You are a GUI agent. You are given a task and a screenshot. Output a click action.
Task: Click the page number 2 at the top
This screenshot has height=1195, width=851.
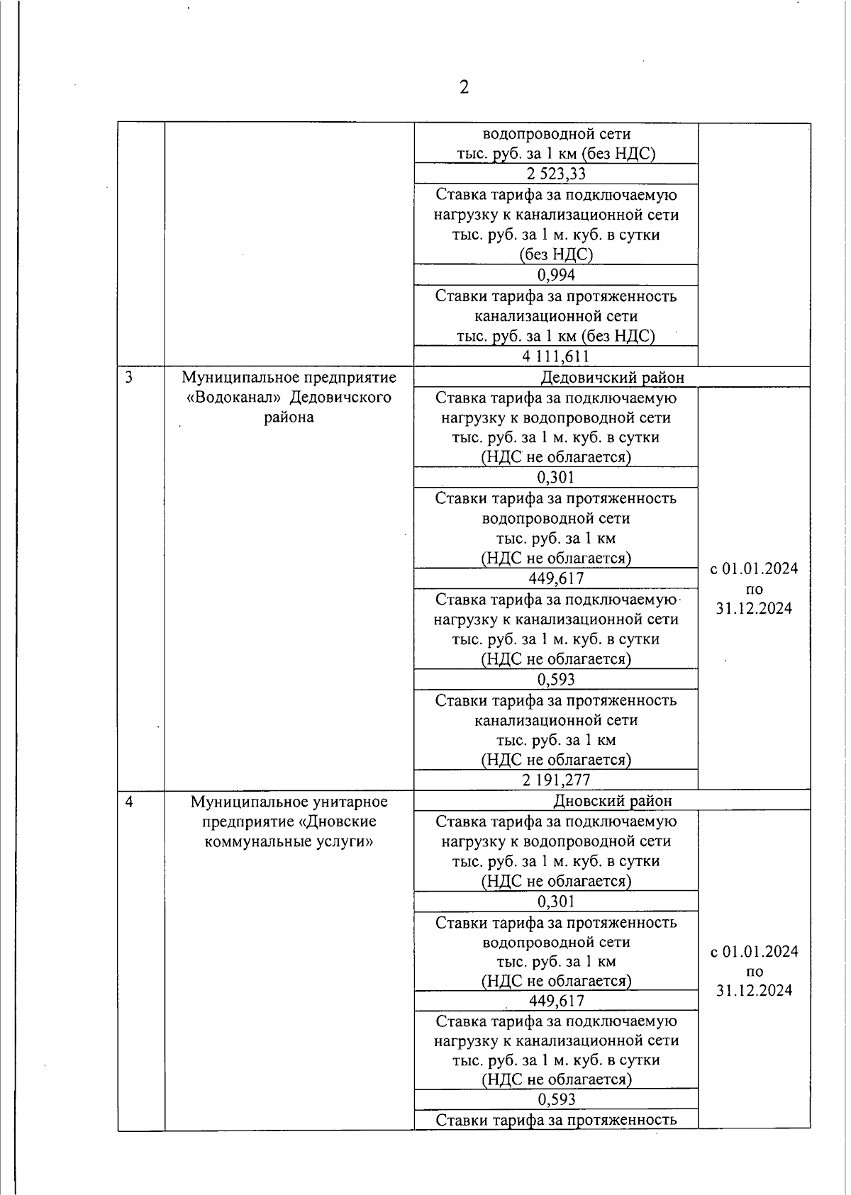[464, 88]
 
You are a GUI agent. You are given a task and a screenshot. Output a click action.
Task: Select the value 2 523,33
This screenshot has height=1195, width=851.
[556, 174]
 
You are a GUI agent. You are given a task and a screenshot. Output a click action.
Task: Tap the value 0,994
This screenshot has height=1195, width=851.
[556, 275]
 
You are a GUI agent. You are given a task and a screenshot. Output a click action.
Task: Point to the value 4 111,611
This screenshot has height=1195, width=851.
[556, 357]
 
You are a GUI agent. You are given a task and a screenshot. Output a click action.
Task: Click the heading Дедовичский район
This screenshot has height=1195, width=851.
[612, 377]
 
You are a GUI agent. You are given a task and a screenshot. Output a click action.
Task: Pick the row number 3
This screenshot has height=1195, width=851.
[129, 377]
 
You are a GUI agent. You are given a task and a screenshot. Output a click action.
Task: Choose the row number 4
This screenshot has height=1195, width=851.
[129, 802]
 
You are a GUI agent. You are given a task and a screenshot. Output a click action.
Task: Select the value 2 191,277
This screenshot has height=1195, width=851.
[556, 780]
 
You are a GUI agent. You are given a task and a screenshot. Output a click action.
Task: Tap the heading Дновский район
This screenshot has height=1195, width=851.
[612, 801]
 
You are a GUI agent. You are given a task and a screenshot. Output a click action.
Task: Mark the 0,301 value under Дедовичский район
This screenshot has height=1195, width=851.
[556, 478]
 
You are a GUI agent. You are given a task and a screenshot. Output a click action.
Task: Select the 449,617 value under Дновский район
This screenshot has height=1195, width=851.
[556, 1001]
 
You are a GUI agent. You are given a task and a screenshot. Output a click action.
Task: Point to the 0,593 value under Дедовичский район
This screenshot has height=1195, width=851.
[556, 680]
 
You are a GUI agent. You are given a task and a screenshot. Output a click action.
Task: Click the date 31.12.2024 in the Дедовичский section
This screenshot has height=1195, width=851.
[754, 608]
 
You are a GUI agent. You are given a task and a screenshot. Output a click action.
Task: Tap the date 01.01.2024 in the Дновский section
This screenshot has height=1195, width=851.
[760, 951]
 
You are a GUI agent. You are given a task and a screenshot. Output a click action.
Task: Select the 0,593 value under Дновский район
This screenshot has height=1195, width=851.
[556, 1099]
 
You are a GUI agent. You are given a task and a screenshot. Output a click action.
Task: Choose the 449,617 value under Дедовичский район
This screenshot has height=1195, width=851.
[556, 578]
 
